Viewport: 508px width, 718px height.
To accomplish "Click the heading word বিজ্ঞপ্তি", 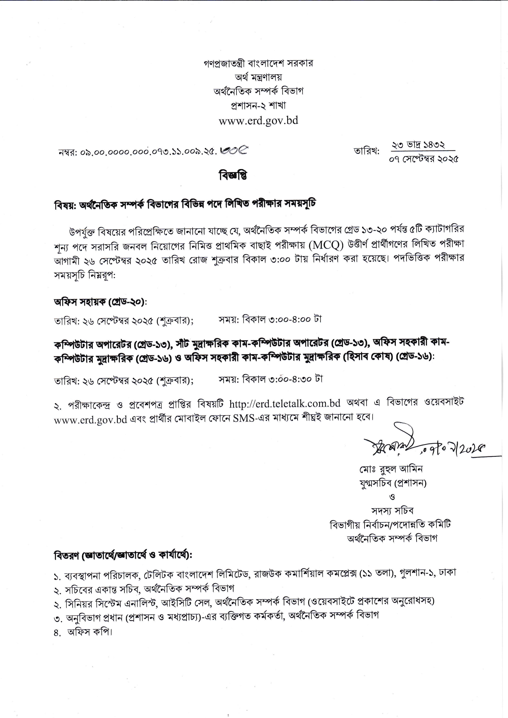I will pyautogui.click(x=233, y=176).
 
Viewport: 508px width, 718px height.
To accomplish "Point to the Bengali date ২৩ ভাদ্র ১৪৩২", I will pyautogui.click(x=419, y=145).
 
